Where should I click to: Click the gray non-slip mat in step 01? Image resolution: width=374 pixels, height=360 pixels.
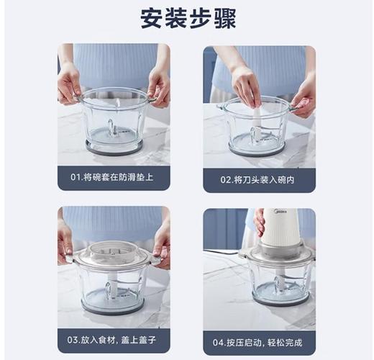pos(113,148)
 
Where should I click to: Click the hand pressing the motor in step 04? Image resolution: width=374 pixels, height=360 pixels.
pos(260,222)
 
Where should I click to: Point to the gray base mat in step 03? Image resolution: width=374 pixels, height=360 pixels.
pos(113,307)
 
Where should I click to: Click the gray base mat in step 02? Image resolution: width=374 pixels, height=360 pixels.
pos(257,150)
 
